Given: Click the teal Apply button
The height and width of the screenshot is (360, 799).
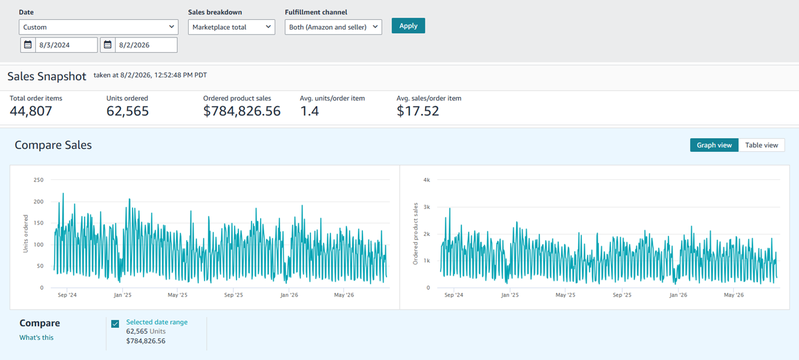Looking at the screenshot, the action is point(408,25).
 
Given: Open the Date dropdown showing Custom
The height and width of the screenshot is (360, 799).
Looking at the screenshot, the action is point(99,27).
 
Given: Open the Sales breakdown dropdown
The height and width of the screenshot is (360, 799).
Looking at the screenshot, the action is point(232,27).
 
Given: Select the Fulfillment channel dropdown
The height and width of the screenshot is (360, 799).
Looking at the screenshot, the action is point(333,27).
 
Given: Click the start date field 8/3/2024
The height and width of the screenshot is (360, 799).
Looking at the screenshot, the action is point(67,45).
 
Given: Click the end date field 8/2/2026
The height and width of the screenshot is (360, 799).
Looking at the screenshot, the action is point(146,45).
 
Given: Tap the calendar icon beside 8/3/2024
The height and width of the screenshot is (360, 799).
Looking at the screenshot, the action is point(28,45).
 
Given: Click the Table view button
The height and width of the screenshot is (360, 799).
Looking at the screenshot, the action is point(761,145).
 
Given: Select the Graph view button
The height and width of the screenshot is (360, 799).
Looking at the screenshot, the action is point(714,145).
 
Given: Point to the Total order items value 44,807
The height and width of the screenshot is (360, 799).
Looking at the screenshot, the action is point(31,111).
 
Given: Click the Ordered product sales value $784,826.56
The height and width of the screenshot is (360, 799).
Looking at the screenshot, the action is point(242,111).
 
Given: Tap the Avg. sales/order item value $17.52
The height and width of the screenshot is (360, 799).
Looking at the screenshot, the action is point(418,111).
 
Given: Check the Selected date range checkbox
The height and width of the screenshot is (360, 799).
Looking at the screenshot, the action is point(115,324).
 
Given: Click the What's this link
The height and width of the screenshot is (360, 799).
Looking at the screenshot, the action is point(36,338).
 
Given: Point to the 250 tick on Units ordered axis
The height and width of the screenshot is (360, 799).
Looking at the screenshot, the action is point(39,180).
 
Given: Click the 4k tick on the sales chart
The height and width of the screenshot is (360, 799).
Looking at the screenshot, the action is point(426,180).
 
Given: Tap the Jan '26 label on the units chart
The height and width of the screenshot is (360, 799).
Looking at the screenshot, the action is point(289,295).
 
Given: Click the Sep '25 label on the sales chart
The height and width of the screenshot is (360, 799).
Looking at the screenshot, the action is point(622,295).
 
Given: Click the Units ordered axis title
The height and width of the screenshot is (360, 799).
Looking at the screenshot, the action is point(25,234).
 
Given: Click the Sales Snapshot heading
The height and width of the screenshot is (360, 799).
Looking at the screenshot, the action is point(47,76).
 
